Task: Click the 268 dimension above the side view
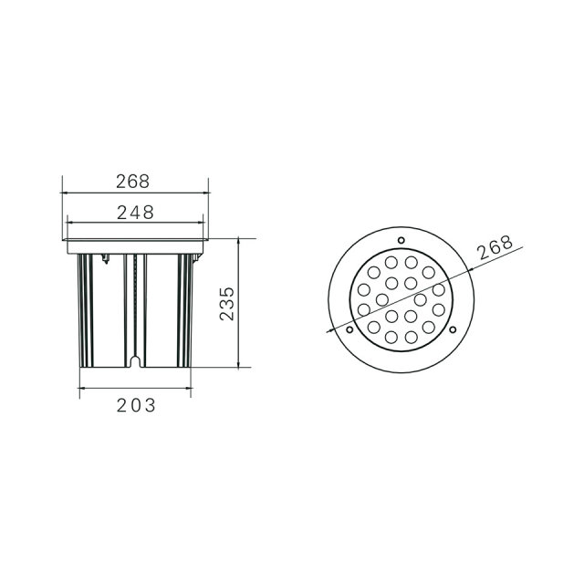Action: click(x=132, y=182)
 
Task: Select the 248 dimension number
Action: click(x=135, y=213)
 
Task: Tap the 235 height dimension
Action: click(x=227, y=304)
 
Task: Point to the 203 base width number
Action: click(x=136, y=405)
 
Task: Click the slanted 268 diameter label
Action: click(x=495, y=247)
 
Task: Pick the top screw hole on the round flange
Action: click(x=401, y=240)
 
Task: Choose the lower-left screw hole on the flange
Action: click(x=349, y=329)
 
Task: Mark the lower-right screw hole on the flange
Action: click(x=453, y=329)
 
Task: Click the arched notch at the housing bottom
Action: click(x=135, y=361)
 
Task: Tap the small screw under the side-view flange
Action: click(x=106, y=258)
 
